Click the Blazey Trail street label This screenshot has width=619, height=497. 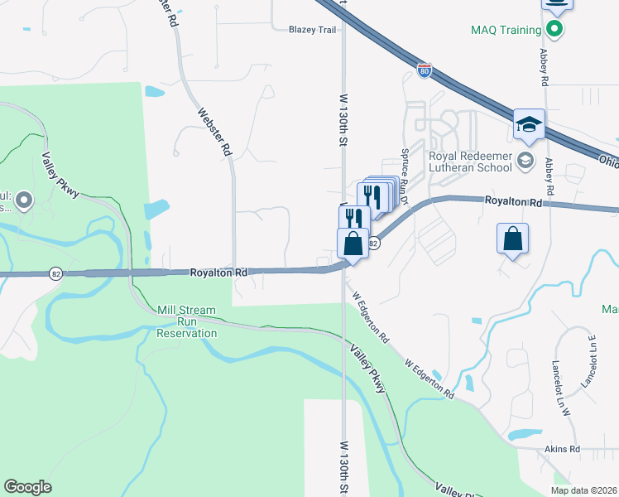[313, 29]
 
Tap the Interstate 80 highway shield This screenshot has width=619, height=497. [424, 71]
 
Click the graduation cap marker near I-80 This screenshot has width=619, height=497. [529, 125]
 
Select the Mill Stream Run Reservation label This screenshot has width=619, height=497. [187, 322]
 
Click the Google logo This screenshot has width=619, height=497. [27, 487]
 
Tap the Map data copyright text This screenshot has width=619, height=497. [583, 490]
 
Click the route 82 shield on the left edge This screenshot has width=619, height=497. [55, 274]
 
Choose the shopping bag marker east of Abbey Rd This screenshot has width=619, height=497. [513, 239]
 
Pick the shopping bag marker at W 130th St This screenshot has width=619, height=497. [353, 244]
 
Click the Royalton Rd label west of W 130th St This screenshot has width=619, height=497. [219, 272]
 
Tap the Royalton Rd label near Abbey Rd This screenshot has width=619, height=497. [513, 201]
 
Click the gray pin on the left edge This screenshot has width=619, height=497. [23, 199]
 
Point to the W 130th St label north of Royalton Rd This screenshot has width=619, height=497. [342, 120]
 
